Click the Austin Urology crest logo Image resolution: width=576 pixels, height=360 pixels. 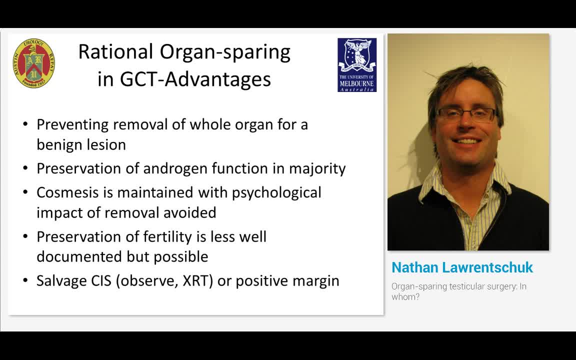[33, 64]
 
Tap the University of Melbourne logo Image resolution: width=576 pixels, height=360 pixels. [357, 65]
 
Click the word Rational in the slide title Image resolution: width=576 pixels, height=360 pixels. [115, 52]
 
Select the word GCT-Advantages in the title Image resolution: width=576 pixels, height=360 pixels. [195, 79]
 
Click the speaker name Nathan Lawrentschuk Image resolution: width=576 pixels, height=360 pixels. [462, 267]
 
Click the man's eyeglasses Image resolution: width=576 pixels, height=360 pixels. [466, 114]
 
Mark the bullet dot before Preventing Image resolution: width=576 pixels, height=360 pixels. [25, 124]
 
